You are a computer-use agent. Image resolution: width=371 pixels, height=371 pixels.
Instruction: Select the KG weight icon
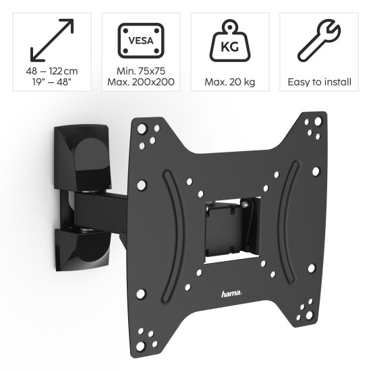[229, 42]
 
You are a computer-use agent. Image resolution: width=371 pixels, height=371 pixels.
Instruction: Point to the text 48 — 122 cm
[52, 72]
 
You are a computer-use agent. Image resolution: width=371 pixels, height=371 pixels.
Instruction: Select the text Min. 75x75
[140, 72]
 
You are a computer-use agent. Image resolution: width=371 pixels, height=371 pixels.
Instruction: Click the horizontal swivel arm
[101, 206]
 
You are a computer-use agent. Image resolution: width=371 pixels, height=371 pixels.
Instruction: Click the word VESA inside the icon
[140, 40]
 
